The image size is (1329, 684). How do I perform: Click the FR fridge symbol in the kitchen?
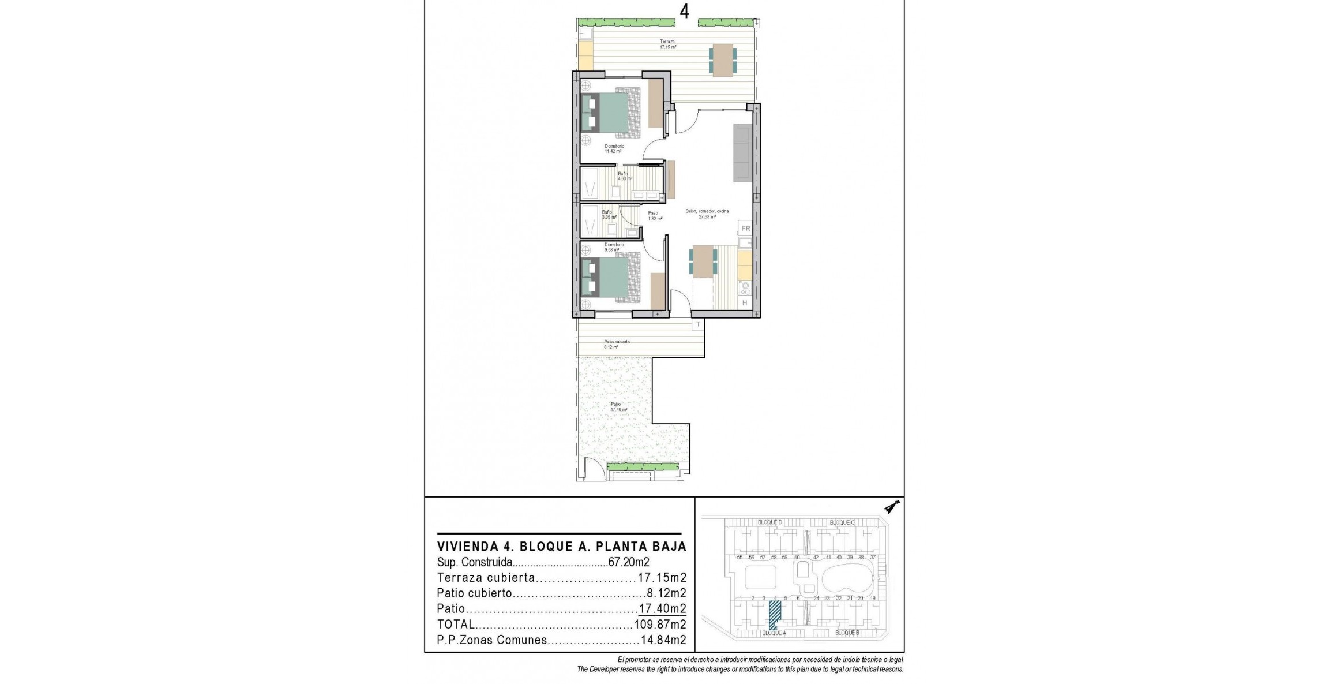(745, 229)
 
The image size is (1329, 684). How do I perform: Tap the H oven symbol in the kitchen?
(745, 303)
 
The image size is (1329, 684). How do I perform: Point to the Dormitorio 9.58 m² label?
(614, 247)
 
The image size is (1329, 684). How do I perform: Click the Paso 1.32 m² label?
(654, 216)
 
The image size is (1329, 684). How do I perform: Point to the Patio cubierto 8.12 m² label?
(617, 345)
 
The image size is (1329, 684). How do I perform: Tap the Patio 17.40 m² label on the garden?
(618, 407)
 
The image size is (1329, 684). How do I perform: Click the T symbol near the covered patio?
(698, 324)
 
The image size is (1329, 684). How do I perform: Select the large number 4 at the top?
(685, 12)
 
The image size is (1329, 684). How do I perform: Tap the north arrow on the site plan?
(892, 508)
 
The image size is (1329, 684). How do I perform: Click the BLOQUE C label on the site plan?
(842, 522)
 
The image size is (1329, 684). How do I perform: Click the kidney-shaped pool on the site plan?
(846, 583)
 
